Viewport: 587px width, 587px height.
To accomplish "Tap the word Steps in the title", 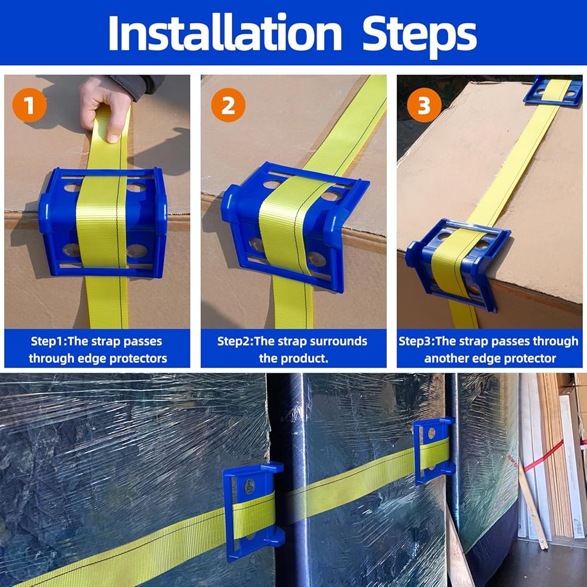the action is pos(420,36).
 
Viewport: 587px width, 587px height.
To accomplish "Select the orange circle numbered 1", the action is pos(29,105).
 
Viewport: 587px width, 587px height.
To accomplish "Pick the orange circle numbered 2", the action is pos(228,105).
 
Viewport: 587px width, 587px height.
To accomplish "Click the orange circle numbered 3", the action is pos(424,105).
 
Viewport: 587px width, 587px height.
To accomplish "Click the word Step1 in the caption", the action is pos(48,342).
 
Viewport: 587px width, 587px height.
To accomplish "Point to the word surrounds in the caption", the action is pos(339,342).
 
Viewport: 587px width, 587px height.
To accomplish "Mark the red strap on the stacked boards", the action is pos(544,456).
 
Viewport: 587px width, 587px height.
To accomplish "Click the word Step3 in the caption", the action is pos(416,342).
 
